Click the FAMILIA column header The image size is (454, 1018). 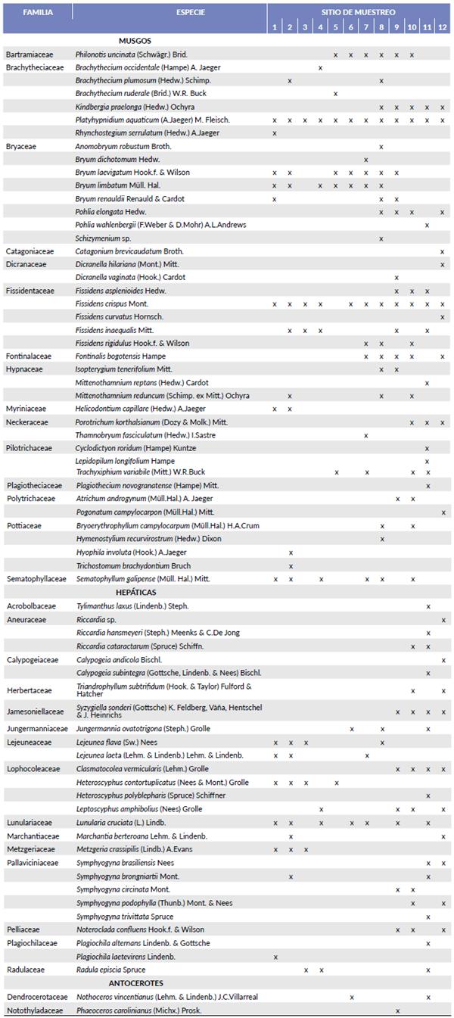pyautogui.click(x=37, y=13)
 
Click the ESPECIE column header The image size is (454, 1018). pyautogui.click(x=169, y=13)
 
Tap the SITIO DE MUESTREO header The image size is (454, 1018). pyautogui.click(x=359, y=13)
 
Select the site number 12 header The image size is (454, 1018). pyautogui.click(x=443, y=28)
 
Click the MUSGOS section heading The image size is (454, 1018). pyautogui.click(x=135, y=41)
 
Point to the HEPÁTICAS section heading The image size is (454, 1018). pyautogui.click(x=136, y=592)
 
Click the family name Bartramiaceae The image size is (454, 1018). pyautogui.click(x=29, y=54)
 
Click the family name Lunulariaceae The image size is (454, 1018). pyautogui.click(x=30, y=823)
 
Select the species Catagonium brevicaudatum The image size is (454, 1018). pyautogui.click(x=129, y=251)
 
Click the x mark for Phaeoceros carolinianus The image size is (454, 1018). pyautogui.click(x=397, y=1011)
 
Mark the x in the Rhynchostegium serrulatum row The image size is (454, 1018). pyautogui.click(x=275, y=133)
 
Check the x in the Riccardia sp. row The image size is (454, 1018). pyautogui.click(x=443, y=620)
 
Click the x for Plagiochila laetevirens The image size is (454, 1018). pyautogui.click(x=275, y=957)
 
